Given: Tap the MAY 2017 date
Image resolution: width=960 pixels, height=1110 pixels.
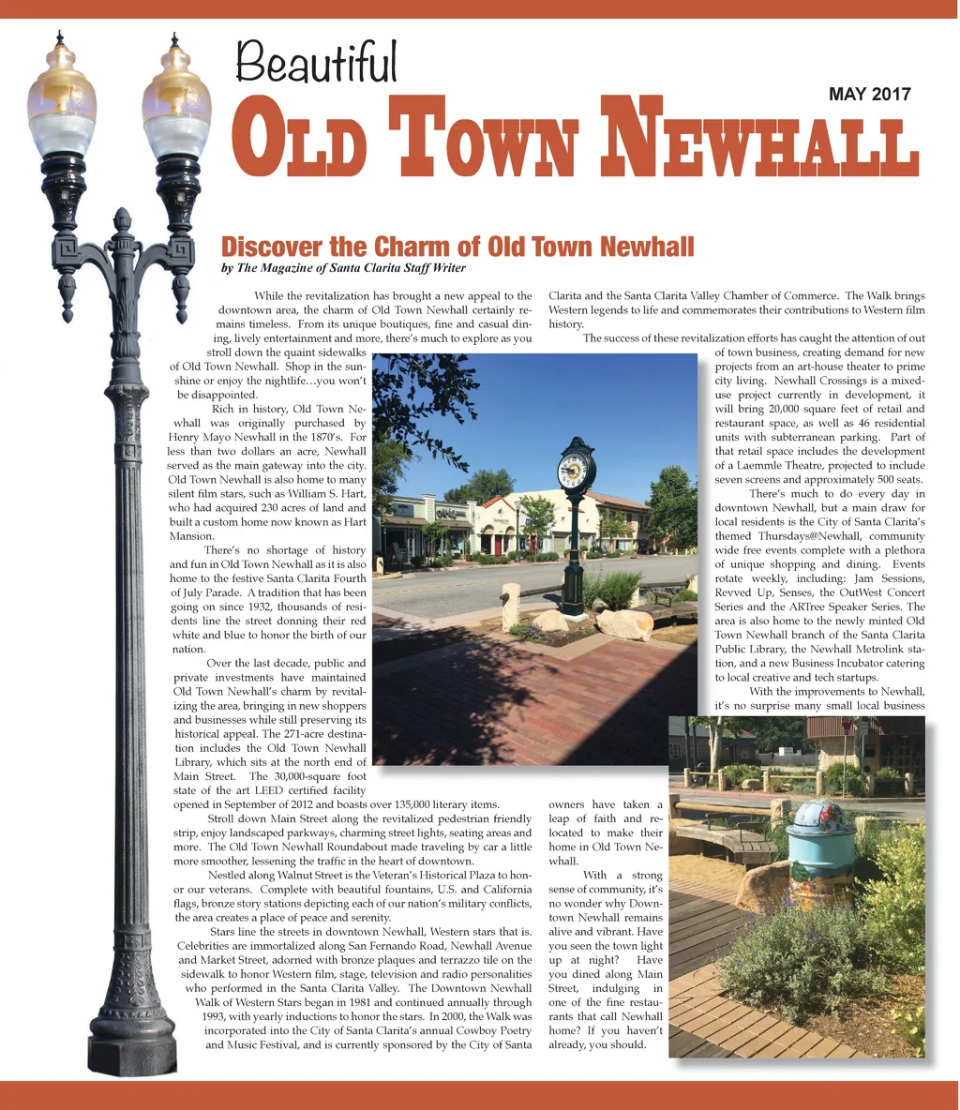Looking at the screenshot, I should click(869, 94).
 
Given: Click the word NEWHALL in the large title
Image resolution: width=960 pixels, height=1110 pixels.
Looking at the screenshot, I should click(762, 142).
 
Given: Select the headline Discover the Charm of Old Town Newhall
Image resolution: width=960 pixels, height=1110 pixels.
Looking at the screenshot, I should click(457, 247).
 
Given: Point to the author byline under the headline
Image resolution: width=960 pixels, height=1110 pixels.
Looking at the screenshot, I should click(343, 268).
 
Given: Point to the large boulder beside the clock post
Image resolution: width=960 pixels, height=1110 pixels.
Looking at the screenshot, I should click(623, 623).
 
